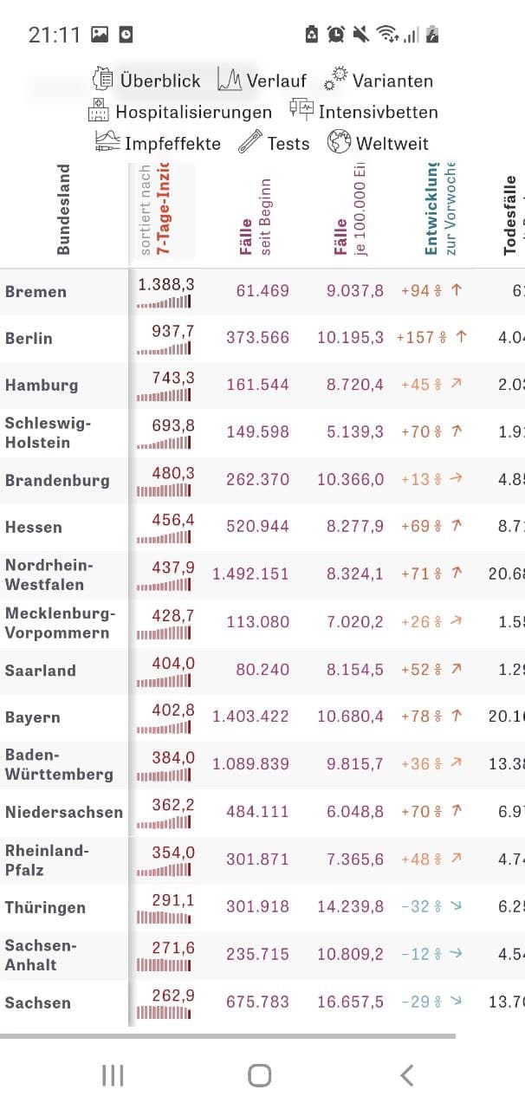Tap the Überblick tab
(x=147, y=81)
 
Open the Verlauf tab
(x=262, y=81)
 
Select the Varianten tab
(x=379, y=81)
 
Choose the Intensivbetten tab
(x=364, y=112)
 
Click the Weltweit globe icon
(x=339, y=142)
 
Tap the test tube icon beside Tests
(x=250, y=142)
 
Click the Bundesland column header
(x=63, y=210)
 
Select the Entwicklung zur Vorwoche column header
(x=440, y=210)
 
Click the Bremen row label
(x=36, y=292)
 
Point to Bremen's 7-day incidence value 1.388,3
(x=165, y=283)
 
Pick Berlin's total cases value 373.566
(x=257, y=338)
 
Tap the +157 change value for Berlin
(x=415, y=337)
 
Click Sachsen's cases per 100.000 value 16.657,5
(x=350, y=1002)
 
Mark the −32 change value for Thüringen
(x=416, y=906)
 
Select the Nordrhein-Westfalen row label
(x=49, y=574)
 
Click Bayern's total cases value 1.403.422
(x=251, y=717)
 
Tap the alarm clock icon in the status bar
(x=336, y=34)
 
